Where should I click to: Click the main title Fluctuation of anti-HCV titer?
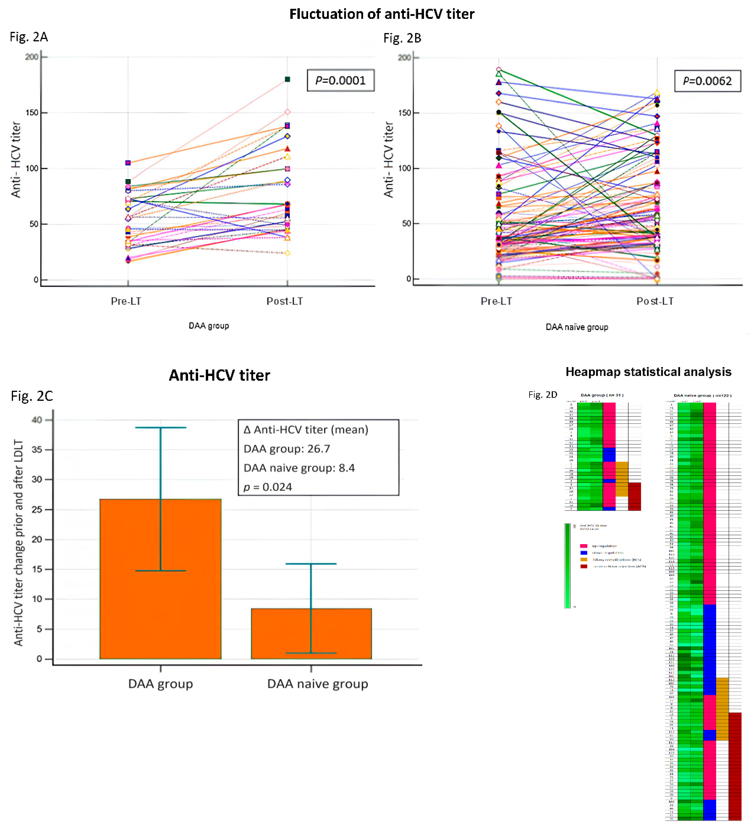click(381, 14)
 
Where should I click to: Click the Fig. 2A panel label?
click(29, 37)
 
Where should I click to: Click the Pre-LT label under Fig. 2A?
click(126, 301)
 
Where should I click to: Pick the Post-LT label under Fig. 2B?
click(655, 301)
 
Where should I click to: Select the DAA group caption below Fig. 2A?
click(209, 326)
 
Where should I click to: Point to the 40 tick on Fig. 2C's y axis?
click(37, 420)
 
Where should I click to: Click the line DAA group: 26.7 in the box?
click(287, 449)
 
